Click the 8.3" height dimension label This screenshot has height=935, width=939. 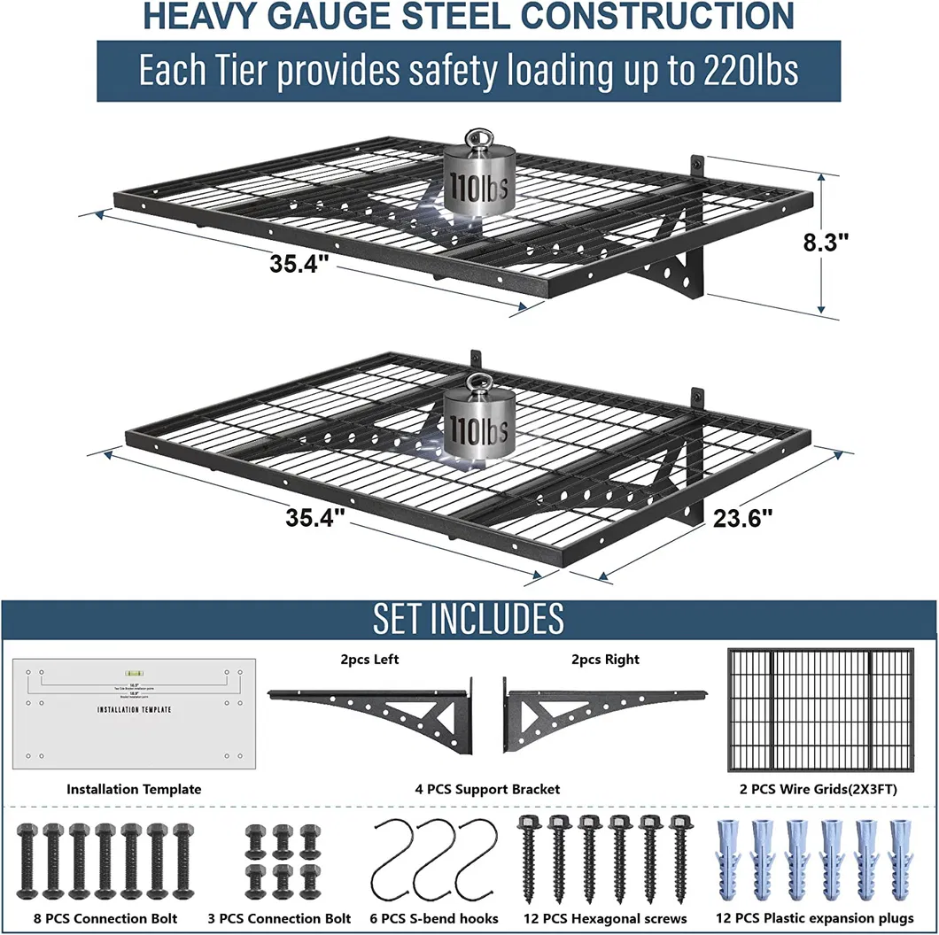[x=826, y=243]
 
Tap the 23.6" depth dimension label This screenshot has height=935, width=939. [x=743, y=517]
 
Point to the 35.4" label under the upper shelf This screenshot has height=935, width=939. [x=301, y=263]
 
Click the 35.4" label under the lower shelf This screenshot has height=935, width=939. [x=315, y=517]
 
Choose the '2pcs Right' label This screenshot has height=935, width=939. [x=605, y=659]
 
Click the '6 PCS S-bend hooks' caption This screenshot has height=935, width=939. [x=434, y=918]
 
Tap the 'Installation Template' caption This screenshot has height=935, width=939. [x=134, y=788]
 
